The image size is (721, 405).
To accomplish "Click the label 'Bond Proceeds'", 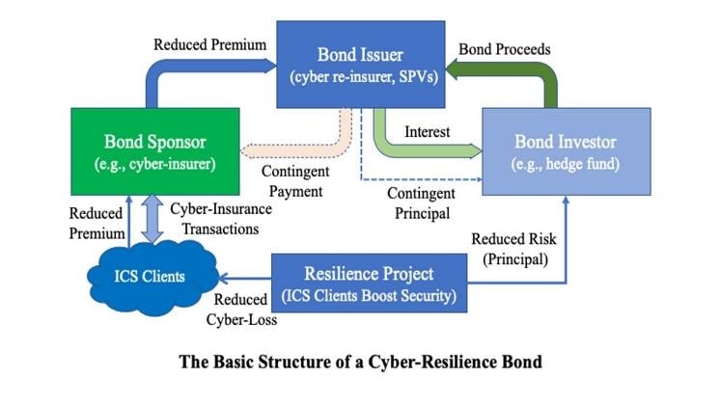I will tap(506, 47).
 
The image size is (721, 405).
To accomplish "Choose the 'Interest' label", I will tap(428, 129).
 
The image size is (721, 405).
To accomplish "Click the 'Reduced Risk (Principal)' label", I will tap(512, 247).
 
